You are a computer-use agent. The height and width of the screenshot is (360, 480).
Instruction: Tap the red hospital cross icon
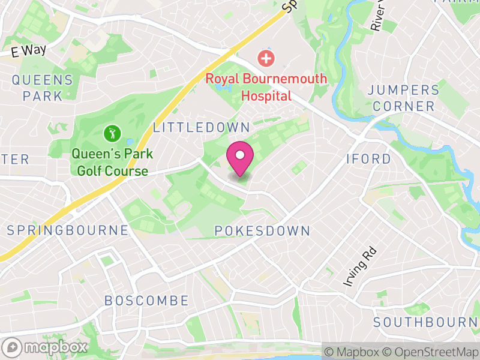[265, 59]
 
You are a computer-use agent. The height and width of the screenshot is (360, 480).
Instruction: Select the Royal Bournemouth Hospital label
[266, 87]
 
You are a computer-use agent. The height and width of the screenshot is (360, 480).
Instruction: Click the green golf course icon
[111, 132]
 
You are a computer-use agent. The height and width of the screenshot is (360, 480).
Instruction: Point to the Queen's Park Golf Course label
[112, 163]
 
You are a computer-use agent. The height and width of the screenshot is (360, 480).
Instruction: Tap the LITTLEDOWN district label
[201, 127]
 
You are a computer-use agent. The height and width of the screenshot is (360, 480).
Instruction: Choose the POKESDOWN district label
[262, 231]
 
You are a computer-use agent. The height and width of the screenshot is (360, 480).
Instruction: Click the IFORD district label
[368, 159]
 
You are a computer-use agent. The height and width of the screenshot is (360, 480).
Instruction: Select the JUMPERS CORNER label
[403, 98]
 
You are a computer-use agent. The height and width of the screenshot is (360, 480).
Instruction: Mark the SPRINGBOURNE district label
[67, 230]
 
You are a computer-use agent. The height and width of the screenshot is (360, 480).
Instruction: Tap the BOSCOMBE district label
[146, 301]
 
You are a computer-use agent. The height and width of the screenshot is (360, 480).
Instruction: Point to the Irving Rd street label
[352, 272]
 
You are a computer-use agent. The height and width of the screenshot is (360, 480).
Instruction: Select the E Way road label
[28, 50]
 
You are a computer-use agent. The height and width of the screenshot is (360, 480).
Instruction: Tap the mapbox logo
[46, 347]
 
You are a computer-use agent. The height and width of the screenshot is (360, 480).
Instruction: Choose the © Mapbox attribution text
[355, 351]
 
